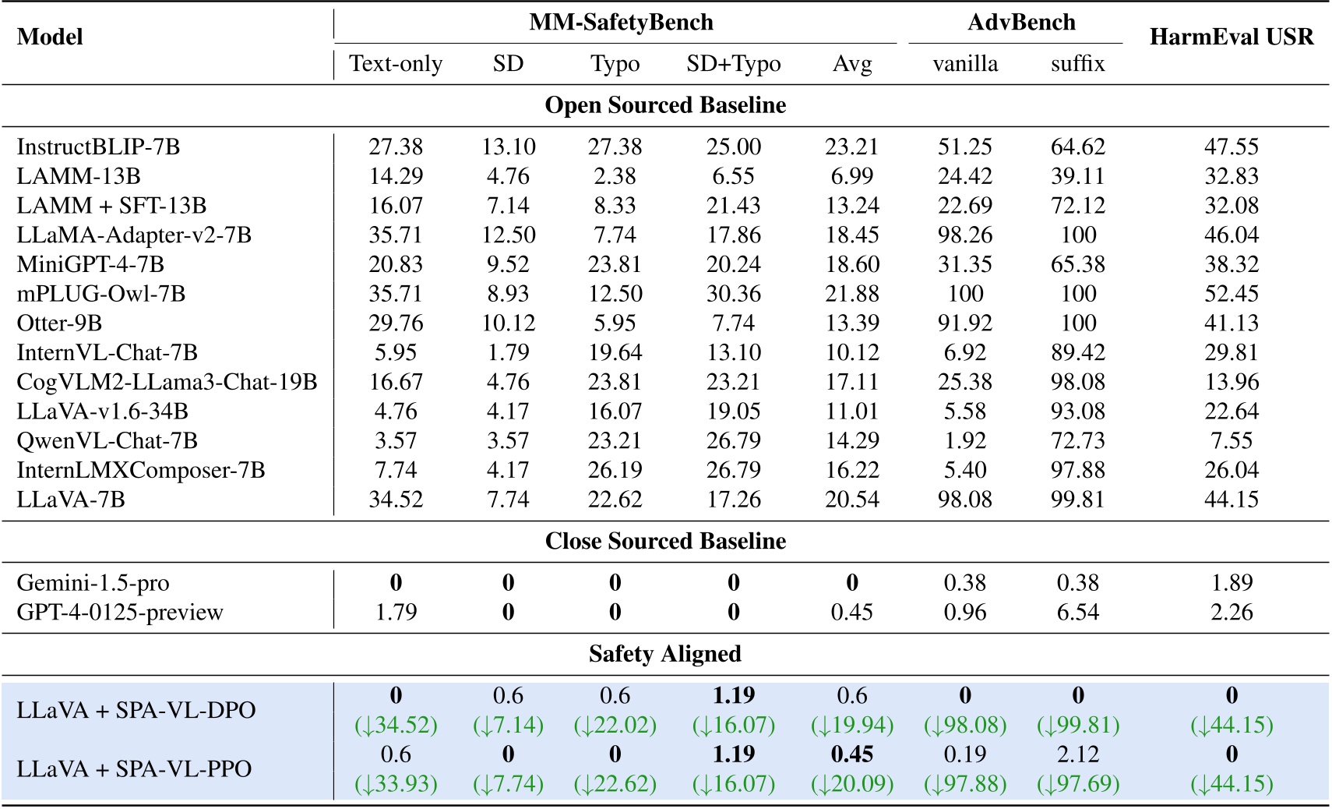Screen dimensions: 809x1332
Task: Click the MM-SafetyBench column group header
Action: click(x=621, y=22)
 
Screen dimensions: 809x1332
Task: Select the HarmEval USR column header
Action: click(x=1231, y=37)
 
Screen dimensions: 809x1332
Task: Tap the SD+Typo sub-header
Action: click(x=733, y=64)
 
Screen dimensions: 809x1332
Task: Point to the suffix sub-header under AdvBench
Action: click(x=1077, y=64)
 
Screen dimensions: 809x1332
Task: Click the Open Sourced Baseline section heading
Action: click(x=665, y=105)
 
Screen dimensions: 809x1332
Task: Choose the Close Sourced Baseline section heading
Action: click(x=665, y=541)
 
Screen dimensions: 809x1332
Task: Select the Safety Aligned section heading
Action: click(x=665, y=653)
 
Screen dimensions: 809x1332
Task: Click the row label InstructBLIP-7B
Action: click(x=98, y=147)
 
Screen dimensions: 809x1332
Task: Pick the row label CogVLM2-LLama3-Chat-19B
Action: click(x=167, y=382)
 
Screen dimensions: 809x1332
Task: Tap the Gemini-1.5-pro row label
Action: click(x=93, y=583)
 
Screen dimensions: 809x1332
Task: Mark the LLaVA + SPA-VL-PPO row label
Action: click(x=134, y=768)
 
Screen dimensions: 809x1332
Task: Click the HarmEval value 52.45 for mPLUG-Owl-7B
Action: click(x=1231, y=294)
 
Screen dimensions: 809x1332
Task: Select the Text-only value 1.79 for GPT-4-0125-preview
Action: click(x=396, y=613)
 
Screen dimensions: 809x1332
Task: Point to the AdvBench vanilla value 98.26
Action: click(x=965, y=235)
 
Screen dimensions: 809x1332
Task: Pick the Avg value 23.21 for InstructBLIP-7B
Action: click(x=851, y=147)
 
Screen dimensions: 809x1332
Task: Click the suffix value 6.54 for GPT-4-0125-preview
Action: click(x=1077, y=613)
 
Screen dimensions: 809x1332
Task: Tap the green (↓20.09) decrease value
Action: click(x=851, y=783)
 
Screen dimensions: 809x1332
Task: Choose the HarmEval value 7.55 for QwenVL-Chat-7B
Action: click(x=1231, y=441)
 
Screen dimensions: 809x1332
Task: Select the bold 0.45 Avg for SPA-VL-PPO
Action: click(x=851, y=754)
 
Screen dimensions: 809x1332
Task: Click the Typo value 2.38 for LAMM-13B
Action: click(x=615, y=176)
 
